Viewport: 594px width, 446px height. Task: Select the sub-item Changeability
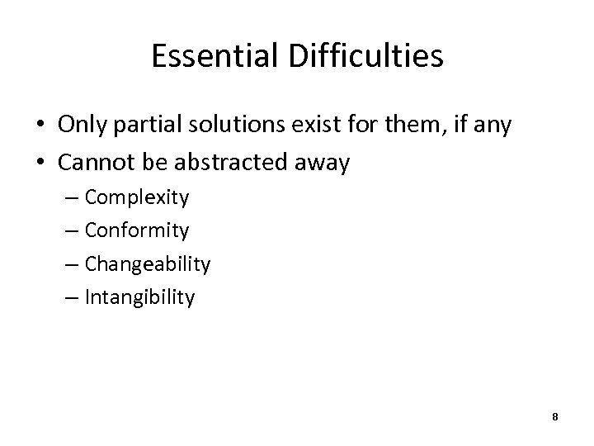148,265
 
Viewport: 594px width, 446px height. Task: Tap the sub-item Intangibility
139,298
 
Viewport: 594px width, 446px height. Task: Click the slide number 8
555,417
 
